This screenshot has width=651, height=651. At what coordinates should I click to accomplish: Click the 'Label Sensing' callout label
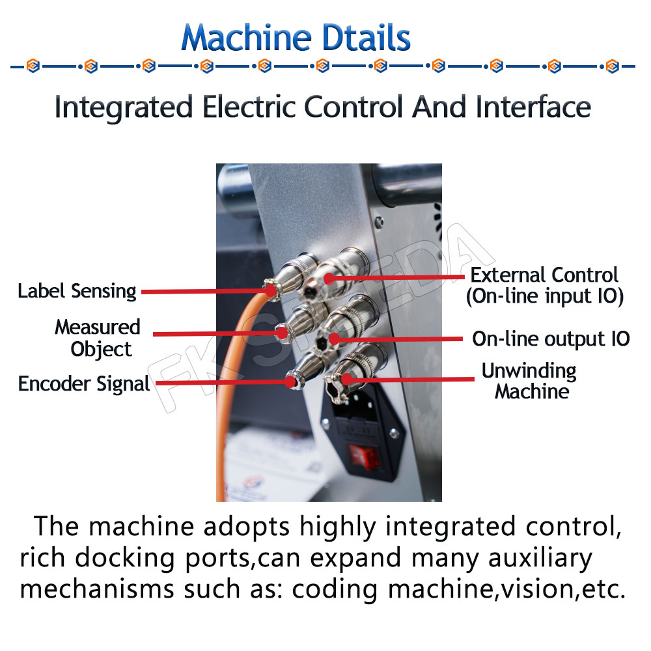[x=77, y=291]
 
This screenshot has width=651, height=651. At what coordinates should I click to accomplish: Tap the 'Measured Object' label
[x=98, y=337]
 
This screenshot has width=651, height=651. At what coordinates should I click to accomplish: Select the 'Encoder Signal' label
[x=84, y=384]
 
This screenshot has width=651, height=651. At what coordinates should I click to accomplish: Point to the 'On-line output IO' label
[x=551, y=339]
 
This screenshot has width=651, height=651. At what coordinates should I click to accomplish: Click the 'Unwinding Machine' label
[x=529, y=381]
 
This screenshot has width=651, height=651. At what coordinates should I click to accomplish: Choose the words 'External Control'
[x=544, y=275]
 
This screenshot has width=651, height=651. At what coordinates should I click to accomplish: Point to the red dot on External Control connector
[x=329, y=279]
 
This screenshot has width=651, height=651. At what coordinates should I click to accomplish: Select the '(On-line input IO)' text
[x=544, y=297]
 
